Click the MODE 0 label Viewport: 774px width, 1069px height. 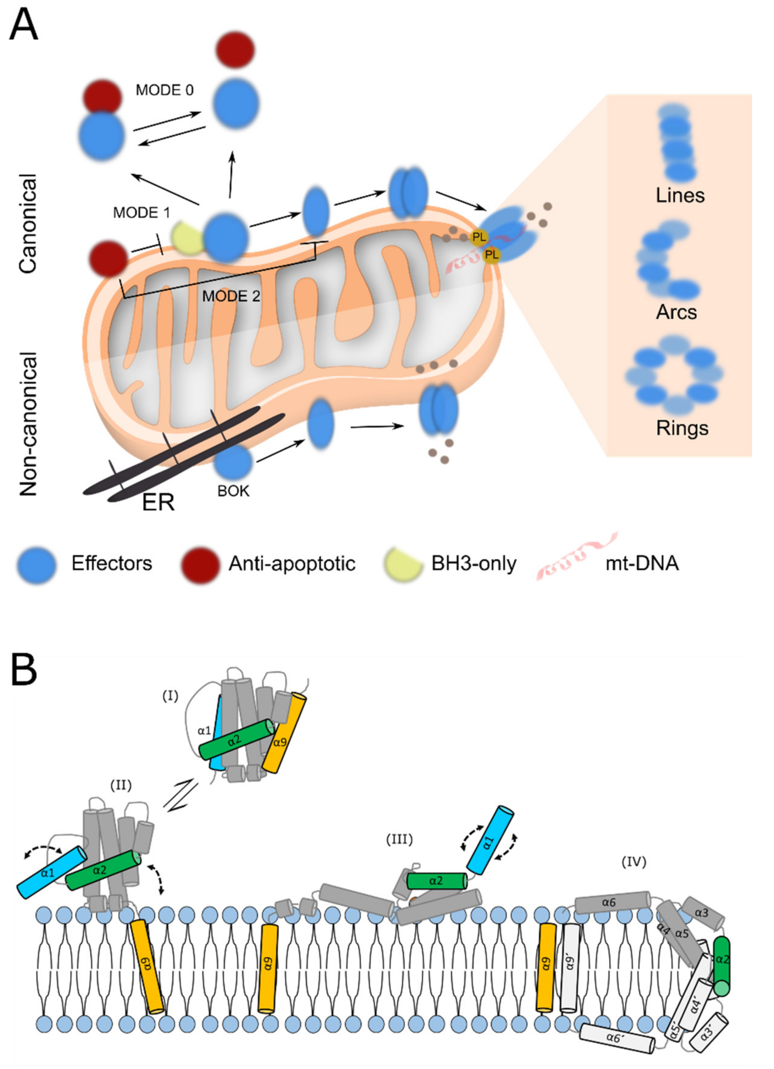[164, 90]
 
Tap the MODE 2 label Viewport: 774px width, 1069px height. [231, 296]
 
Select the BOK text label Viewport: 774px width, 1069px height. [233, 491]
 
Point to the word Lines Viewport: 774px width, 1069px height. [680, 195]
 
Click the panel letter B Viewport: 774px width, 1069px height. [24, 671]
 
